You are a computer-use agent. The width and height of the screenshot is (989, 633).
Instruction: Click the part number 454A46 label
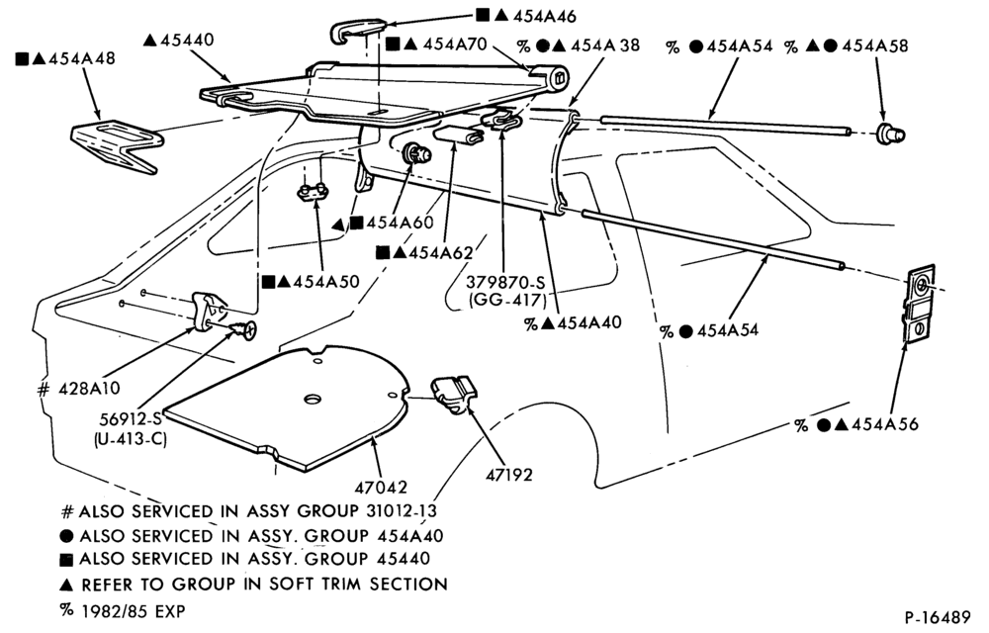pos(544,17)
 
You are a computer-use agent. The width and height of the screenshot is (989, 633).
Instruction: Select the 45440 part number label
pos(187,40)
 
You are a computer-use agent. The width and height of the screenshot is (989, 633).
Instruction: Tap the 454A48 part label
pos(82,58)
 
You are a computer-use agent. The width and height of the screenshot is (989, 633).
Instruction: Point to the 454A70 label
pos(455,45)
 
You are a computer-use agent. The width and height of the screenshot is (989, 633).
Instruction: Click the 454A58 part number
pos(875,45)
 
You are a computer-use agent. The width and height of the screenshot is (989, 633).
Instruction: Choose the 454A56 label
pos(884,424)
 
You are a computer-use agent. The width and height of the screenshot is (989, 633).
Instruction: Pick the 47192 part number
pos(509,474)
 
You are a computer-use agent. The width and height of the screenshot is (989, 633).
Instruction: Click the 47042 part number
pos(381,487)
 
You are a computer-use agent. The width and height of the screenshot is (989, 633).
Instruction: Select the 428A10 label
pos(89,389)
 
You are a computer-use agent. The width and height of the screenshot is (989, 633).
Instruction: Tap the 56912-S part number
pos(131,418)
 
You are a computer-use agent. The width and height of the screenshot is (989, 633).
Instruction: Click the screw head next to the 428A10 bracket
pos(246,329)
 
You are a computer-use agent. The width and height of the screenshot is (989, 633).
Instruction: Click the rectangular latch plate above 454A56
pos(920,304)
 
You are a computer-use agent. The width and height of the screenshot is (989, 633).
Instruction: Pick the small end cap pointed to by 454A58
pos(890,134)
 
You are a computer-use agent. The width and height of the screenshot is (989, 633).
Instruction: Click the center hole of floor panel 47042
pos(313,400)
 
